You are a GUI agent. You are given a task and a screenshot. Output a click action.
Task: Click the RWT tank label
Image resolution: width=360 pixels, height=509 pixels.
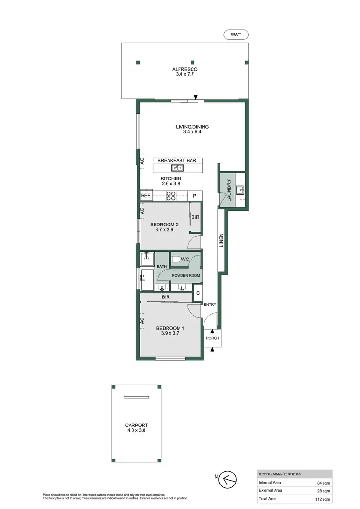tap(235, 35)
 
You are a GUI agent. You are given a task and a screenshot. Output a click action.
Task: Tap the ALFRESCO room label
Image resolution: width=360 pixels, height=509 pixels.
tap(185, 70)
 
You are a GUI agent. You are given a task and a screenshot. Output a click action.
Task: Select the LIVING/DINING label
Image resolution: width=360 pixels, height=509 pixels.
tap(192, 127)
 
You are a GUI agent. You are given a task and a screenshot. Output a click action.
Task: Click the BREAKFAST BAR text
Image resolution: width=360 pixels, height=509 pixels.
tap(177, 161)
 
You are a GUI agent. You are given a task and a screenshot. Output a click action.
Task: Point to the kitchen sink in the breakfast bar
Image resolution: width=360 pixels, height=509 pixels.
tap(178, 168)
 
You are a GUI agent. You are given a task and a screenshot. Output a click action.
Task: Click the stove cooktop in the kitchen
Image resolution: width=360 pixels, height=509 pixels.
tap(171, 196)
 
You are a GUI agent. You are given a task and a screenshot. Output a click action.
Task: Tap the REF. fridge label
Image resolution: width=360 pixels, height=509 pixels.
tap(146, 196)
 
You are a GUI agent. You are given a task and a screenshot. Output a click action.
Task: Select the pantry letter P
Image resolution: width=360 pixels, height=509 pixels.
tap(195, 196)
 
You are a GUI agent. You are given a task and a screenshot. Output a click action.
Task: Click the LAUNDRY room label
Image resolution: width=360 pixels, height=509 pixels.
tap(229, 190)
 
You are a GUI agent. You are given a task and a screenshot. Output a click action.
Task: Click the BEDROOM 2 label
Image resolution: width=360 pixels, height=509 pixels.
tap(164, 224)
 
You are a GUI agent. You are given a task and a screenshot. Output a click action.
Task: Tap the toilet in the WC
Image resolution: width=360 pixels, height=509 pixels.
tap(176, 260)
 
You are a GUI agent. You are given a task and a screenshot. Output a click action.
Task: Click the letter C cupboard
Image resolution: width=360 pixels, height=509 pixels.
tap(197, 293)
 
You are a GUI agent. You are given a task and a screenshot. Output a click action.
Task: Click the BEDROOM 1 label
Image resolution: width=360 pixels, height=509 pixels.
tap(170, 328)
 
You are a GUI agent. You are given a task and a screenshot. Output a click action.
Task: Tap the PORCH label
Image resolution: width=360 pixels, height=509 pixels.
tap(212, 338)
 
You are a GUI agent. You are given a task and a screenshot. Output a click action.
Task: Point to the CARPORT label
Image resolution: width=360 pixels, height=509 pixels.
tap(137, 425)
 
